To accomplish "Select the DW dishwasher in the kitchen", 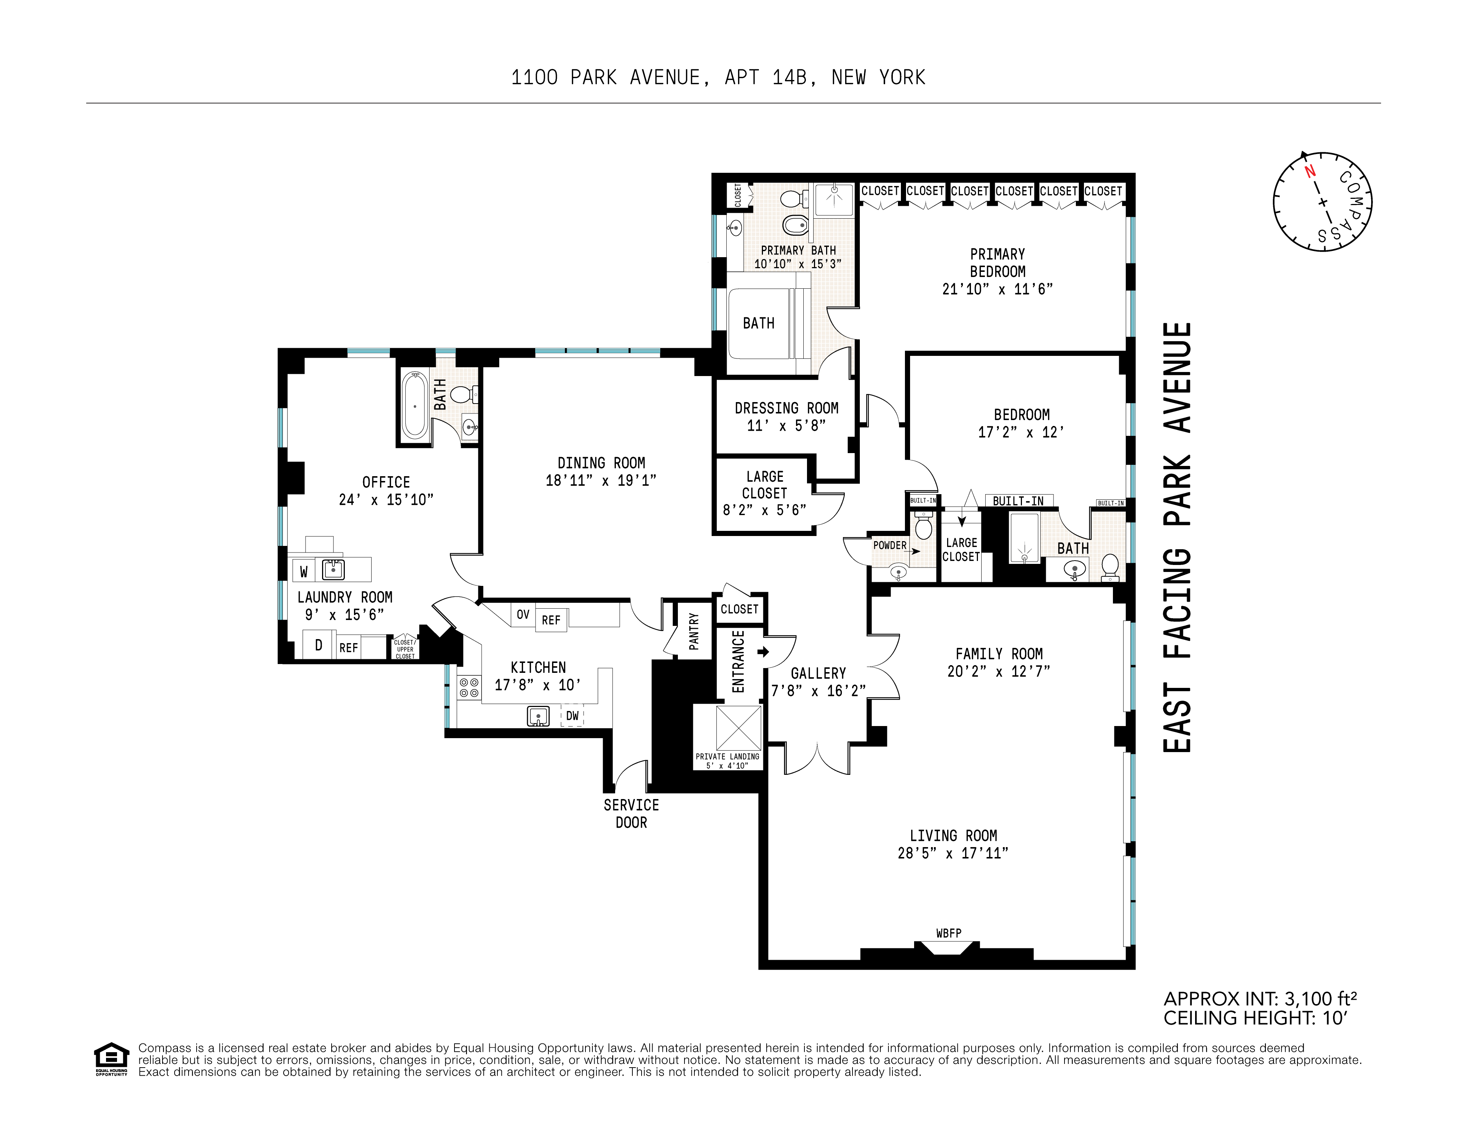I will click(x=572, y=716).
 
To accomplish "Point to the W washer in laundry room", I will click(x=304, y=571).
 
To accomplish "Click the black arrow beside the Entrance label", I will click(x=763, y=651).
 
